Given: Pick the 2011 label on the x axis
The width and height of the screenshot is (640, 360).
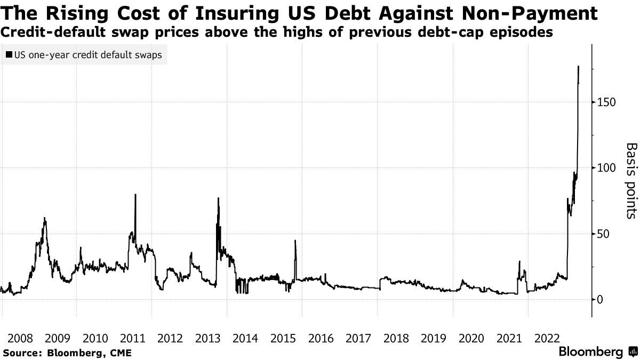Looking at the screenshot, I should click(x=132, y=338).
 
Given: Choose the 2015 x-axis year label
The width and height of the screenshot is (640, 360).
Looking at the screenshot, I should click(x=283, y=338).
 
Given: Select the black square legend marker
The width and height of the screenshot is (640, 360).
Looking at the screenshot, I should click(x=9, y=55).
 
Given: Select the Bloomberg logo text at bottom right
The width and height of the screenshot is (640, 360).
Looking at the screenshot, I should click(x=590, y=353).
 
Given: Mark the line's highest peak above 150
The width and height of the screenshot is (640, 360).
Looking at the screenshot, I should click(x=579, y=66).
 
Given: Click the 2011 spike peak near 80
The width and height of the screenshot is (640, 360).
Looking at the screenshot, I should click(x=135, y=194).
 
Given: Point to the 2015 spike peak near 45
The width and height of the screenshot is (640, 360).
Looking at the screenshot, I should click(x=295, y=241).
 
